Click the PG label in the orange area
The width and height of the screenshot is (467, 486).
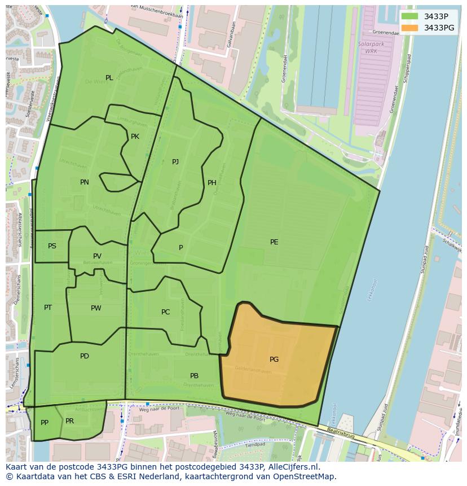[274, 360]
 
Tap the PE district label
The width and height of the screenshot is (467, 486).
[274, 242]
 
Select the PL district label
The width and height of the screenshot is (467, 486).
[109, 78]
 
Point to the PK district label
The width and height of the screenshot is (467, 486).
[135, 137]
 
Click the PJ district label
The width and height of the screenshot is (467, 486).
[175, 162]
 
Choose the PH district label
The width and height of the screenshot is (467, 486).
[212, 182]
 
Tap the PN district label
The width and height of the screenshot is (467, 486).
[85, 182]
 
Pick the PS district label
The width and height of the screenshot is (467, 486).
[52, 246]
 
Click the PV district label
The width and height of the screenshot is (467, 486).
[98, 256]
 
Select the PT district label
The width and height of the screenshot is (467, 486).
[48, 308]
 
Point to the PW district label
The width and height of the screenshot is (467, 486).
[96, 308]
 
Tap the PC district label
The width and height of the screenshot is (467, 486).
[165, 312]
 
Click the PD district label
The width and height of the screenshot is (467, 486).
[85, 356]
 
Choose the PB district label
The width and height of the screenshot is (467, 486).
[194, 376]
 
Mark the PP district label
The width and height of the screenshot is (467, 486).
[45, 423]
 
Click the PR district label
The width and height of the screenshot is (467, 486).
[69, 421]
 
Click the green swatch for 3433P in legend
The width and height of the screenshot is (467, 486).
[410, 16]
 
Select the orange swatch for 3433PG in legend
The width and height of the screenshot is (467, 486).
[410, 28]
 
